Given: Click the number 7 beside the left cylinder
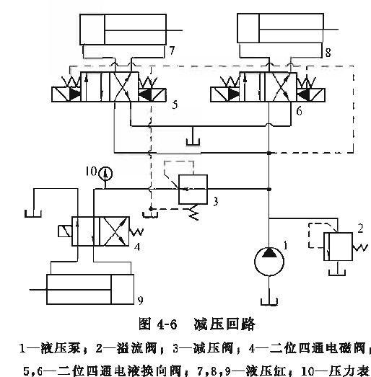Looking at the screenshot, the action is pos(172,50).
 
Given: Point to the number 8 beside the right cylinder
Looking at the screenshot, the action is pos(328,53).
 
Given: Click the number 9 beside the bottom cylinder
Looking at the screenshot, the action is pos(140,301).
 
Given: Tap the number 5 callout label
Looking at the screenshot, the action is pos(175,105).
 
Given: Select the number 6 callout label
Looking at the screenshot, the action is pos(299,111).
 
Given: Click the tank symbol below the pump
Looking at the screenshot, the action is pos(269,302).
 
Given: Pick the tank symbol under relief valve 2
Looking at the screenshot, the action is pos(337,272).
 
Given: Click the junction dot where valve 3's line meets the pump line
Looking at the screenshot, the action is pos(269,190).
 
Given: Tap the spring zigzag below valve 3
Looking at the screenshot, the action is pos(194,213).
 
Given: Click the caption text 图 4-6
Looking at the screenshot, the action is pos(157,324).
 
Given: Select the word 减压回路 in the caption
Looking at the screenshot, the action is pos(224,324).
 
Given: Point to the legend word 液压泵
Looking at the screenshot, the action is pos(61,348).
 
